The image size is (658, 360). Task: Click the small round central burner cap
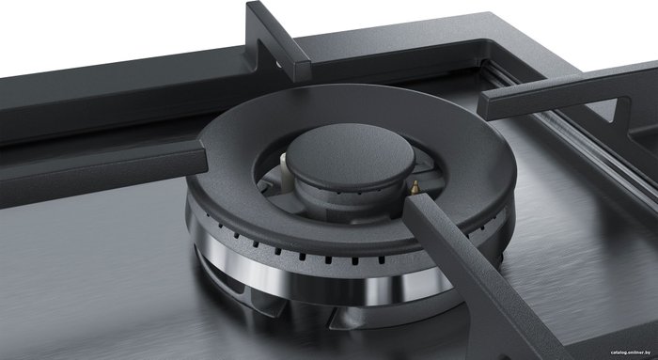pyautogui.click(x=351, y=156)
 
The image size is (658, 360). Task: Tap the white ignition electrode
pyautogui.click(x=285, y=173)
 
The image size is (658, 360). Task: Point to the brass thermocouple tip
pyautogui.click(x=415, y=187)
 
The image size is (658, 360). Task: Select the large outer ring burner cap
pyautogui.click(x=352, y=168)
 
